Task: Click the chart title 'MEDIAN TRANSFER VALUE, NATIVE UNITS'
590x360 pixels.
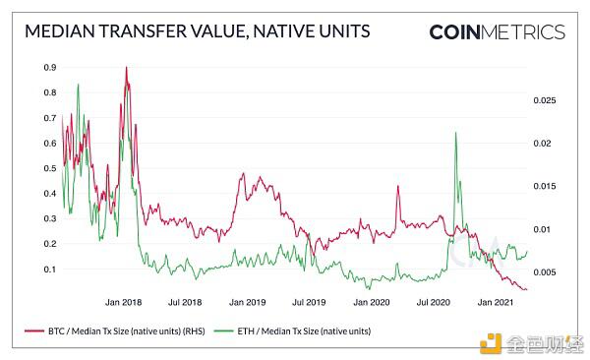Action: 196,31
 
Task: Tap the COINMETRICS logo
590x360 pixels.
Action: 497,31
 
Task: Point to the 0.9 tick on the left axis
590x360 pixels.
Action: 48,68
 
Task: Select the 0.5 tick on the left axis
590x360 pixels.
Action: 48,168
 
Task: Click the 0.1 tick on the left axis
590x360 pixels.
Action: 48,269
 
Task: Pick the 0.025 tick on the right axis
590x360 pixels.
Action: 544,100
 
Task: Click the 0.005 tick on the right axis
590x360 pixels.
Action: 544,271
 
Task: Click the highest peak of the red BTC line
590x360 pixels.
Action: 126,68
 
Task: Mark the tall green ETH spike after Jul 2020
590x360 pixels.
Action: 455,133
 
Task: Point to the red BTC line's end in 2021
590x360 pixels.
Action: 526,289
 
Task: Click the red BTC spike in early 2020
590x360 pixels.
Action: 397,186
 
